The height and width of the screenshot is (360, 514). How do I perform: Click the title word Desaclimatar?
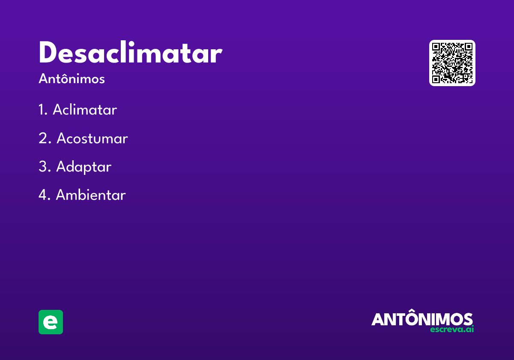click(130, 54)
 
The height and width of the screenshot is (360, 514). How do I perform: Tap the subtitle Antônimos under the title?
click(72, 79)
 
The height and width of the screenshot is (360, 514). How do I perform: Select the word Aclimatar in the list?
click(85, 110)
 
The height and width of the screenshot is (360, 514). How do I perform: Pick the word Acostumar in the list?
click(92, 138)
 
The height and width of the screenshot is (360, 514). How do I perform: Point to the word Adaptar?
click(84, 167)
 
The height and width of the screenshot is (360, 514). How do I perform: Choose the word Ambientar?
click(91, 195)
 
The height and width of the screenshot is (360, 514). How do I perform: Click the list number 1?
click(42, 110)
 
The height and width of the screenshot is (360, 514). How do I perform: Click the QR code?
click(452, 63)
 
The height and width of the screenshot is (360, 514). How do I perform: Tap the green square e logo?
click(51, 322)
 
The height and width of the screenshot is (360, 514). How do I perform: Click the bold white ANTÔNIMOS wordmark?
click(422, 319)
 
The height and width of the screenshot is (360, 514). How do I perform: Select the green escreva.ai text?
click(452, 330)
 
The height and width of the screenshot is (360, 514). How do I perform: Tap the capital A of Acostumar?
click(62, 138)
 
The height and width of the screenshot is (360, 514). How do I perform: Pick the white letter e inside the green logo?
click(51, 322)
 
